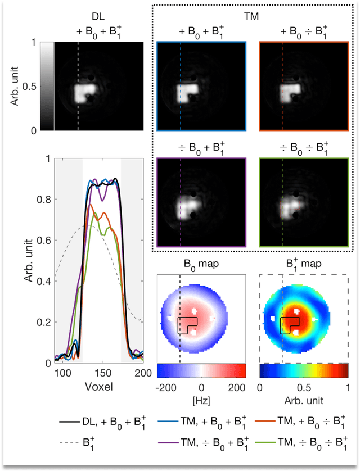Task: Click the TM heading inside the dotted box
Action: tap(250, 18)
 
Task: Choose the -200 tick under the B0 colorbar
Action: tap(168, 388)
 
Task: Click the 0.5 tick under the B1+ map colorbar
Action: tap(304, 388)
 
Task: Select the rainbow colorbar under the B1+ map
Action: tap(304, 370)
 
